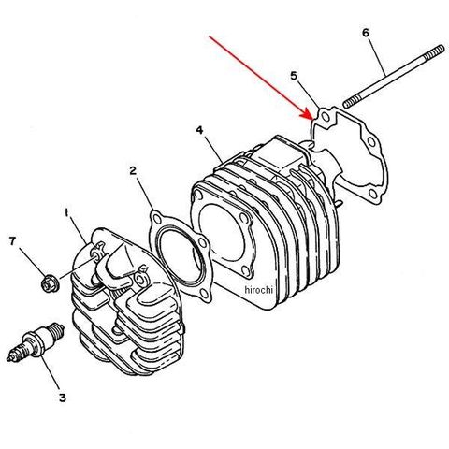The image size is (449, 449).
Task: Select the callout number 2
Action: (x=133, y=170)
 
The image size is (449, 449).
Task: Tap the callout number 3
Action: (x=63, y=398)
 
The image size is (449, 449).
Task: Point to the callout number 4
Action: (x=199, y=130)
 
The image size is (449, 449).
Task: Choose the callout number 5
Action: (x=294, y=76)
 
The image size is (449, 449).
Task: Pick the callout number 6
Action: (x=366, y=33)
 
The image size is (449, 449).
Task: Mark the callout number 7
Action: (x=12, y=240)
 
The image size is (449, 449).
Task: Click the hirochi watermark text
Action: (x=259, y=290)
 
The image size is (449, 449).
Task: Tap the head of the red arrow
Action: (x=308, y=115)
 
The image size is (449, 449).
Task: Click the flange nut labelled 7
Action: (x=48, y=283)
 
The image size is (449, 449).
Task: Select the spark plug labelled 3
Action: (x=36, y=343)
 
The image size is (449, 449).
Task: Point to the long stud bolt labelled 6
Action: (x=394, y=77)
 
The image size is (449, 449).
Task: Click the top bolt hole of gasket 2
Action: (x=158, y=219)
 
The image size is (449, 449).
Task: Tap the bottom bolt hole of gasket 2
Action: (x=204, y=294)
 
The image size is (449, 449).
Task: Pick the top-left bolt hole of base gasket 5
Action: (x=326, y=117)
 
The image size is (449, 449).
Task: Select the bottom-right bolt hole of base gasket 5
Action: (x=373, y=195)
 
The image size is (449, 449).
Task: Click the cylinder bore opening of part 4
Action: (x=221, y=233)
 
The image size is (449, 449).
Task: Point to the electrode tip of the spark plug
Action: (x=10, y=358)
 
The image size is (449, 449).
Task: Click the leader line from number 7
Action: (x=33, y=261)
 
